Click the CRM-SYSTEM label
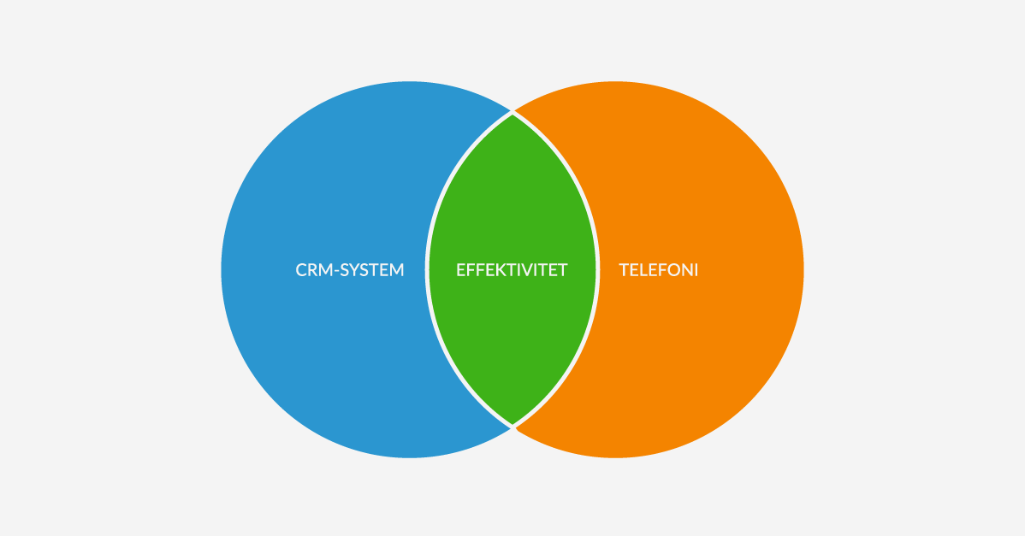(350, 269)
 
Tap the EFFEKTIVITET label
(512, 269)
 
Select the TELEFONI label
(658, 269)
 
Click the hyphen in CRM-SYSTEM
(336, 271)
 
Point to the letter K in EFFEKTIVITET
(495, 269)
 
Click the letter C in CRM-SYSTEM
(301, 269)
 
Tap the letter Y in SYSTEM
(356, 269)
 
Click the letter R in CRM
(315, 269)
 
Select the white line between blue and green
(427, 269)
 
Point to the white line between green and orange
(598, 269)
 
